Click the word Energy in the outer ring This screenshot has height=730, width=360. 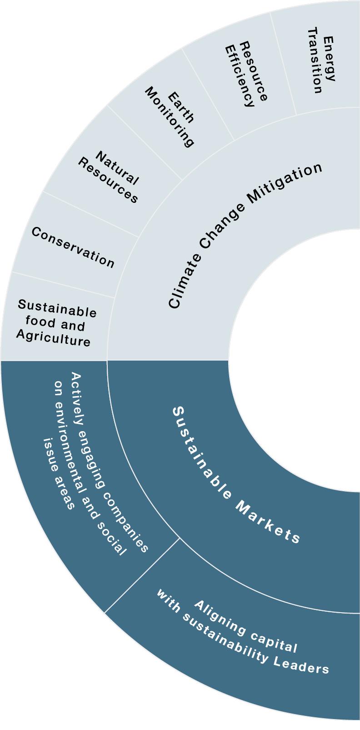[x=329, y=59]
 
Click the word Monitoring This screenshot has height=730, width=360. [x=170, y=118]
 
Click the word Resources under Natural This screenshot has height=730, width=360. [x=108, y=181]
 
